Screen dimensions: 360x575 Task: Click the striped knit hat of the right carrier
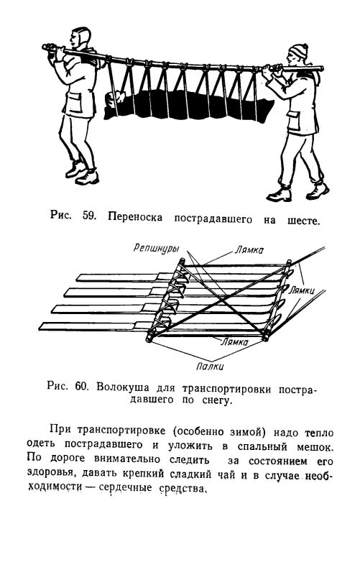click(298, 50)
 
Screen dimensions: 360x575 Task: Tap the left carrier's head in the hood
click(81, 37)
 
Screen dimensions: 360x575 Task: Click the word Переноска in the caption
click(135, 217)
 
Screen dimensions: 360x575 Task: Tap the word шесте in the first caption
click(303, 221)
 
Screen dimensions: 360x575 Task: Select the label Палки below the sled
click(210, 366)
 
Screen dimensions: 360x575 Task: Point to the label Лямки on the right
click(301, 291)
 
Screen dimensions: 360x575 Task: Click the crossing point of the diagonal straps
click(220, 300)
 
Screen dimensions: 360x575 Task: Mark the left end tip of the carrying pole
click(44, 47)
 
